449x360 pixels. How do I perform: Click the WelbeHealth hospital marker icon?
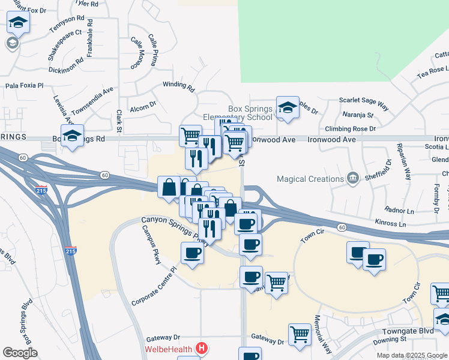(x=202, y=348)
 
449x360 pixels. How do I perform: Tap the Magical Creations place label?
(x=310, y=179)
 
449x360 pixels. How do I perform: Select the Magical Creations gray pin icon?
(x=353, y=178)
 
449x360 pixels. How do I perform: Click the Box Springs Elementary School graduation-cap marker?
(x=288, y=108)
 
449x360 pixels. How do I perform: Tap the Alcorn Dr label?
(x=143, y=106)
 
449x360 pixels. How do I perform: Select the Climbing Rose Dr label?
(x=350, y=128)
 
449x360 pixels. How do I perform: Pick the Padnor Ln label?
(x=400, y=211)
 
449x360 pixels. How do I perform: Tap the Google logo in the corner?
(x=20, y=353)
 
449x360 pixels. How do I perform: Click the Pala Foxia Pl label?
(x=25, y=86)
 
